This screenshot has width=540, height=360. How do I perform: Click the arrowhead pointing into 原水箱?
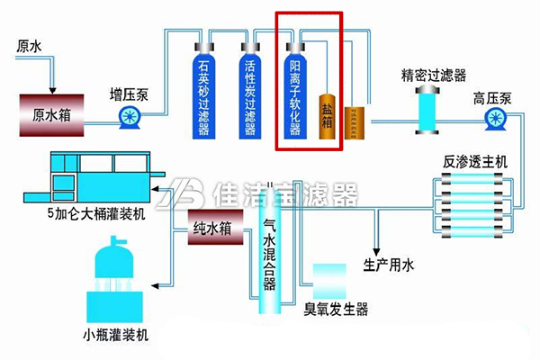(x=51, y=88)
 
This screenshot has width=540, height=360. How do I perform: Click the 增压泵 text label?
(x=128, y=93)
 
